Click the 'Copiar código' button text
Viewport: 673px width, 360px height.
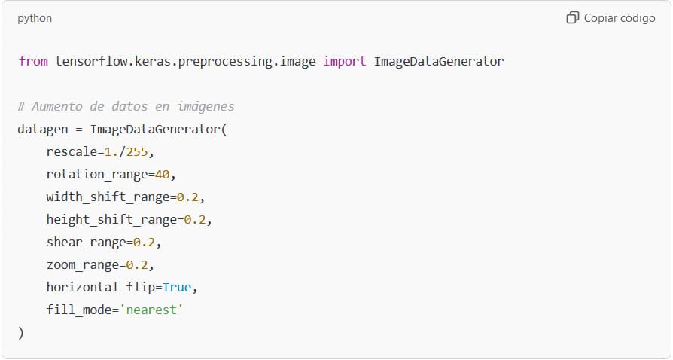(620, 18)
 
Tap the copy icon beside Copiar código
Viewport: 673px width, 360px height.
(573, 17)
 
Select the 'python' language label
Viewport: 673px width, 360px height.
(35, 19)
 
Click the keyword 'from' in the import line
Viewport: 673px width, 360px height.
(33, 61)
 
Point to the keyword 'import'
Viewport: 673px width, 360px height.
(345, 61)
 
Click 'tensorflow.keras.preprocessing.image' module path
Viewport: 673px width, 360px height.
(185, 62)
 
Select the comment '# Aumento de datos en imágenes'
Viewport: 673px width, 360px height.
(126, 106)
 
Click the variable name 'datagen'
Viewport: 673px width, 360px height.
(43, 129)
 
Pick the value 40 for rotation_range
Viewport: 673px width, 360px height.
(163, 175)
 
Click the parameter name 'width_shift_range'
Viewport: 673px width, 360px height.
(108, 197)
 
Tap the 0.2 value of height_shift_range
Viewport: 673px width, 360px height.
(195, 219)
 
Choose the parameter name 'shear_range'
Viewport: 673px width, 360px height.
(87, 243)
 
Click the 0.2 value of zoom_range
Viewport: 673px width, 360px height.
(137, 264)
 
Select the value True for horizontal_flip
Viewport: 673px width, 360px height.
(177, 287)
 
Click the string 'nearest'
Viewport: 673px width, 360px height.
(151, 310)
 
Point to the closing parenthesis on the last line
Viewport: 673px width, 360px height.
(21, 332)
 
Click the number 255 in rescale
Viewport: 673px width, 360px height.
(137, 152)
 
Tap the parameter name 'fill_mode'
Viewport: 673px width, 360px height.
(79, 310)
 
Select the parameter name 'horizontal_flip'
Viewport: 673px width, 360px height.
(101, 287)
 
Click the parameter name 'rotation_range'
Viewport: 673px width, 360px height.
(97, 175)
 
